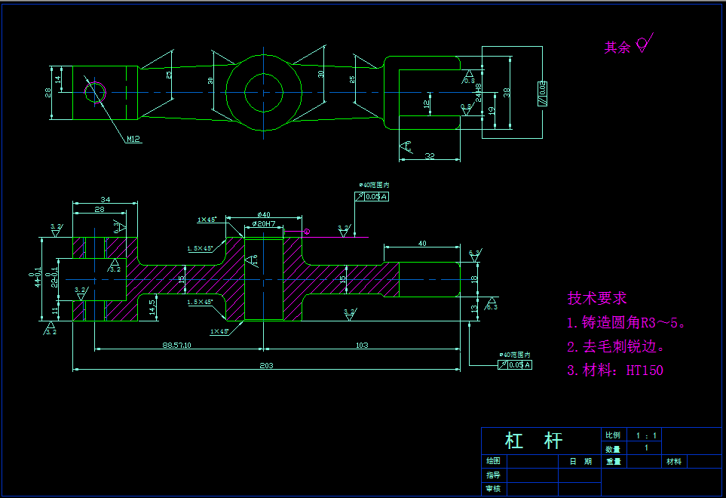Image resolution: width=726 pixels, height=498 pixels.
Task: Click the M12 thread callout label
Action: [133, 139]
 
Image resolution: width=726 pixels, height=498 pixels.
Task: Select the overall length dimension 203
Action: [265, 365]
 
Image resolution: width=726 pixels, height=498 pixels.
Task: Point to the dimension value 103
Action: [361, 345]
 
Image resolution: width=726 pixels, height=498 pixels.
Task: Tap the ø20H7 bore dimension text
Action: [264, 224]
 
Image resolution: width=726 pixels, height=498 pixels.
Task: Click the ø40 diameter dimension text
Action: [264, 215]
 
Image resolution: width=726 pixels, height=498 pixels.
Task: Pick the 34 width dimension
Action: [105, 199]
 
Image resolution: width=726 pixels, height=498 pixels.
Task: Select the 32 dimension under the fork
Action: [430, 155]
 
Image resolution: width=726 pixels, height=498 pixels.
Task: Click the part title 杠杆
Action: [534, 441]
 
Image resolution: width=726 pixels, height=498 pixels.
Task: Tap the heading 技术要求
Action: [597, 298]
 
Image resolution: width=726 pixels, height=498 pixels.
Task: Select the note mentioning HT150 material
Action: [615, 370]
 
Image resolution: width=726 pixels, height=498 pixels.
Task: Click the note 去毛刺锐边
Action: [616, 346]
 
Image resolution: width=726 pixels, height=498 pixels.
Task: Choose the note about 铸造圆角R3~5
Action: [626, 323]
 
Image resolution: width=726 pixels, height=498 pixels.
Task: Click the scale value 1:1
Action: [646, 435]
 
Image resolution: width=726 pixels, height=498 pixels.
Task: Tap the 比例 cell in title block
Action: [612, 435]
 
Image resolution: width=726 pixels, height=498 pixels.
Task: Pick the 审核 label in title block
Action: [493, 489]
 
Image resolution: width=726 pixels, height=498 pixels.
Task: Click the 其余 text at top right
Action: [617, 48]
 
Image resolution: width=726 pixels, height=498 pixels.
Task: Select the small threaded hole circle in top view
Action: [95, 92]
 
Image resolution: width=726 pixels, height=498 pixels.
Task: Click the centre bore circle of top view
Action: [264, 92]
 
